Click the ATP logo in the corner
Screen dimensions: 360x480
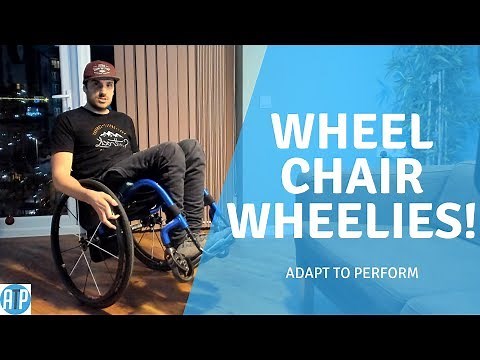(16, 299)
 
